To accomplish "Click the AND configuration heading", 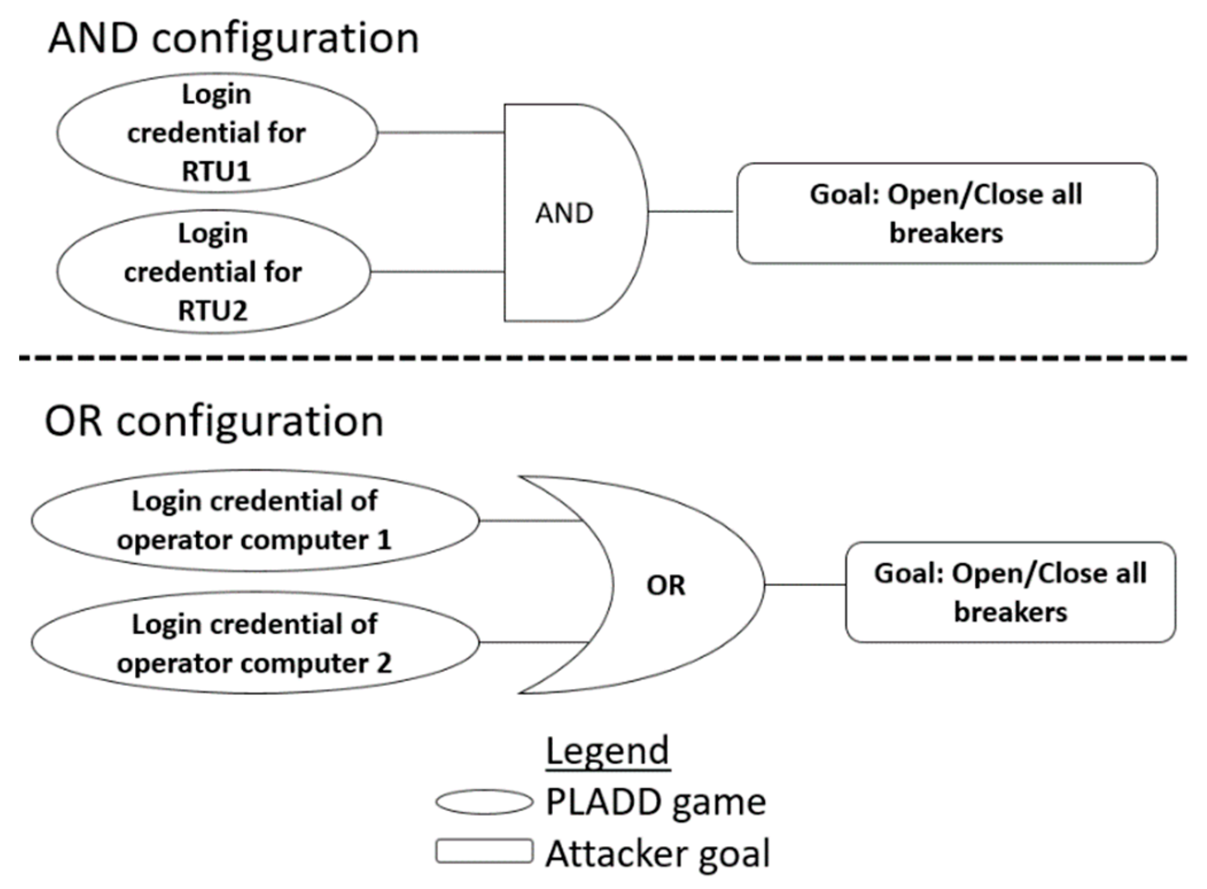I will pos(233,38).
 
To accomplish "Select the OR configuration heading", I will pos(213,421).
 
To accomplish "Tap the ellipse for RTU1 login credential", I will pos(217,133).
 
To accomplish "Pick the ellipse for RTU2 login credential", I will pos(213,271).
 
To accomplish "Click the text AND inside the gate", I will pos(564,213).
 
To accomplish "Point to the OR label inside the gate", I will pos(665,585).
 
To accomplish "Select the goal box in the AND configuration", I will pos(947,213).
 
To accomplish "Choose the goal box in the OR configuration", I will pos(1010,592).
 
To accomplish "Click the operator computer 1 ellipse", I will pos(255,521).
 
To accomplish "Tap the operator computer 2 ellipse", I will pos(255,643).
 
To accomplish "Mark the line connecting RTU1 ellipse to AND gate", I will pos(441,133).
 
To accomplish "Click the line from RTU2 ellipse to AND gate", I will pos(437,271).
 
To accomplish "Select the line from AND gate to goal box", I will pos(691,211).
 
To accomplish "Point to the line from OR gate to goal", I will pos(805,585).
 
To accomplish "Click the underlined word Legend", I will pos(608,751).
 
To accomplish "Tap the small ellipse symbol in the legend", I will pos(484,802).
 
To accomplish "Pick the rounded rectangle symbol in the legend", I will pos(484,851).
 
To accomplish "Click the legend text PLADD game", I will pos(655,802).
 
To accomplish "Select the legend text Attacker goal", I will pos(657,853).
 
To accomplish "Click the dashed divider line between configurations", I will pos(602,358).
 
